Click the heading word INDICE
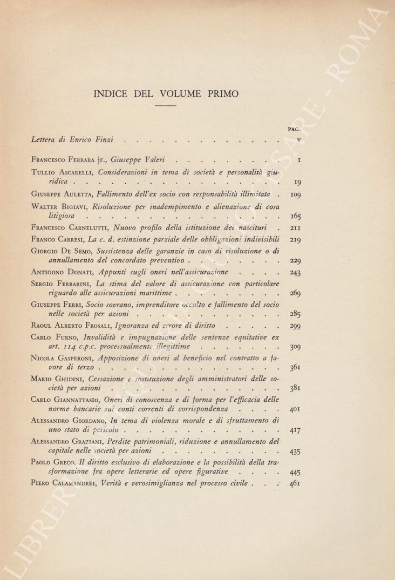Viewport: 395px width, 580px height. [x=111, y=94]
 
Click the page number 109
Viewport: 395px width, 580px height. [x=295, y=193]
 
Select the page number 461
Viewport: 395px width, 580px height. [x=295, y=483]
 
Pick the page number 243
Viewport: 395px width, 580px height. [x=295, y=272]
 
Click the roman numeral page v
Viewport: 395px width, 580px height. [x=298, y=140]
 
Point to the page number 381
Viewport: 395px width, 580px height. [x=295, y=388]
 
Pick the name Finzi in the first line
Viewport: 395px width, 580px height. [x=101, y=140]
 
